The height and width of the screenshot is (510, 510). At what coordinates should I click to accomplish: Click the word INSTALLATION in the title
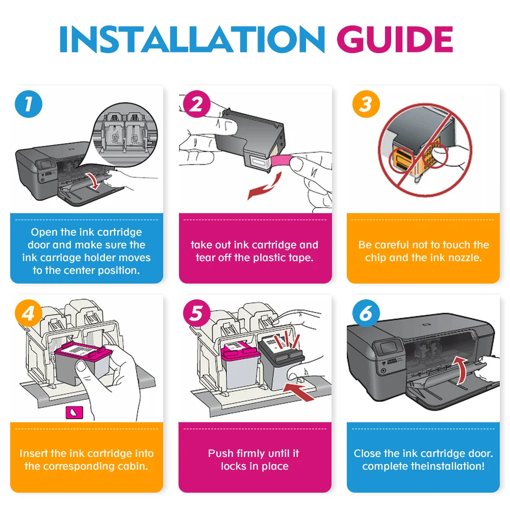(192, 39)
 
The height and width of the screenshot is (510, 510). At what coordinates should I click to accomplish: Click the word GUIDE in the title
(395, 39)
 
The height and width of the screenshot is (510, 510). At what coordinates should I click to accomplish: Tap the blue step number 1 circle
(29, 104)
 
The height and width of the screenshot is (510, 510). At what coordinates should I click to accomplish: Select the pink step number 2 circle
(197, 104)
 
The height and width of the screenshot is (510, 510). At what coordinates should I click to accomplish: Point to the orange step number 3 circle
(366, 104)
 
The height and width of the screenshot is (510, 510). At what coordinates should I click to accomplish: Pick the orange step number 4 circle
(29, 313)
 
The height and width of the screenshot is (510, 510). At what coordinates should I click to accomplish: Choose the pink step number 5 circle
(197, 313)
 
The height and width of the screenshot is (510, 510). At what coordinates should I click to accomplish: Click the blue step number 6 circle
(366, 313)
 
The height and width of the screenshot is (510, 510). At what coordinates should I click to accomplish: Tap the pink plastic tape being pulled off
(282, 161)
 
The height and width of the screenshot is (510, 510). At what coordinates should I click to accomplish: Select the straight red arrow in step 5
(298, 391)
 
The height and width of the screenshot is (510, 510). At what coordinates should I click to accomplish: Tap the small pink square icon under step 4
(74, 413)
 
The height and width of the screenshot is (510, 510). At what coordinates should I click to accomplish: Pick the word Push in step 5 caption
(220, 453)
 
